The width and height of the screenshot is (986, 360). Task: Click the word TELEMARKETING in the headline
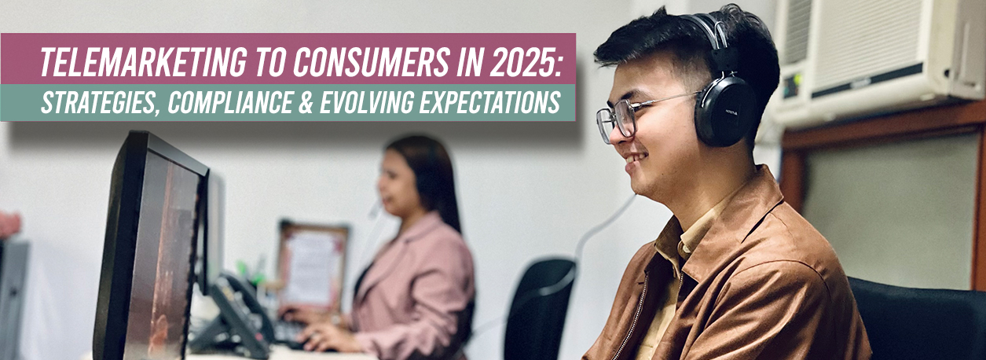click(143, 62)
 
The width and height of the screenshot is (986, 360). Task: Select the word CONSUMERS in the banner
click(371, 62)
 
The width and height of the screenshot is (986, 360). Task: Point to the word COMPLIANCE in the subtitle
click(229, 102)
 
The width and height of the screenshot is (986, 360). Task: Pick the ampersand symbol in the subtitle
click(306, 102)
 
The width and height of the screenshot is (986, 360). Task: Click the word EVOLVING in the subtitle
click(367, 102)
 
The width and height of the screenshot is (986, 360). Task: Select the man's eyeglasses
click(634, 117)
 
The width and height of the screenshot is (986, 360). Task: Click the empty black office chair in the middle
click(539, 308)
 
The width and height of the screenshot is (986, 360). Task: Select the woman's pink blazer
click(414, 286)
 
